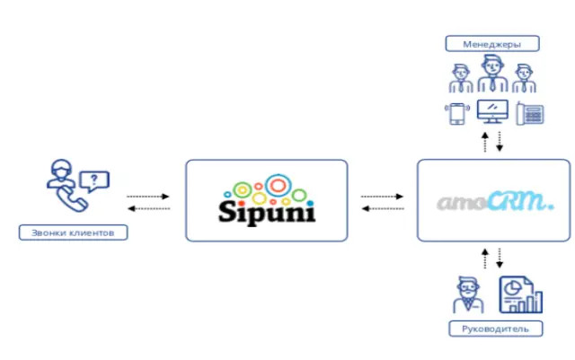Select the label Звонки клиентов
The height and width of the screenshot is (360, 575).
[x=73, y=233]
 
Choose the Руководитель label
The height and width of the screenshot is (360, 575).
[x=495, y=328]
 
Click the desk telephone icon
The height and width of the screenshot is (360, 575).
[x=531, y=114]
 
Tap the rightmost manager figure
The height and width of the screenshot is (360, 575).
[x=525, y=80]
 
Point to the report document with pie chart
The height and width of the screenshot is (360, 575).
[x=516, y=294]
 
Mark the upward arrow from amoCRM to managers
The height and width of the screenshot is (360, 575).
[x=485, y=141]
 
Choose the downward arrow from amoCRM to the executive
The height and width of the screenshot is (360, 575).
[x=500, y=258]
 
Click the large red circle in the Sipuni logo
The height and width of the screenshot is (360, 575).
[x=278, y=186]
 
